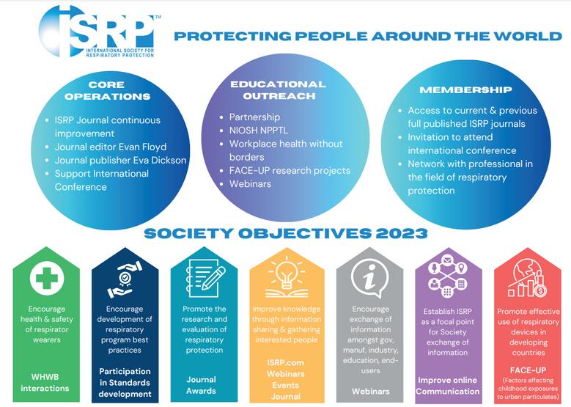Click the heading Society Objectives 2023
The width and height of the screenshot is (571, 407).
[286, 234]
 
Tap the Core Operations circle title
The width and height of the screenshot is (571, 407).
[107, 91]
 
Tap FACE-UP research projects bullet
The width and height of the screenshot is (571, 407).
[290, 170]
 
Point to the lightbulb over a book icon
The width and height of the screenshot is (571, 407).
[286, 276]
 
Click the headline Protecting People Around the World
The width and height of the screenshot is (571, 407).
[368, 36]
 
